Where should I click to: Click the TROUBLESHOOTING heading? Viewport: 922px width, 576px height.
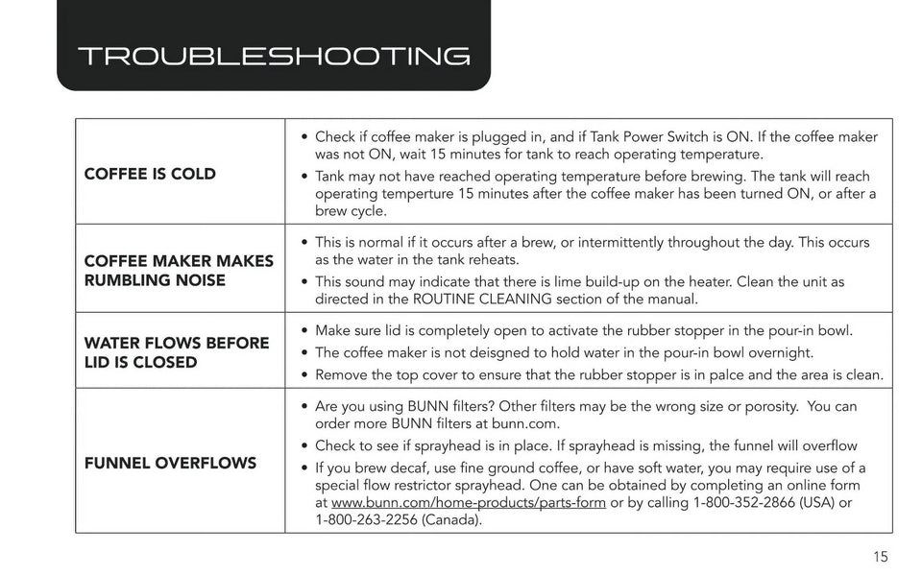pyautogui.click(x=273, y=56)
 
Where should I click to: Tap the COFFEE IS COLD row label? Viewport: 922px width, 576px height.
pyautogui.click(x=150, y=174)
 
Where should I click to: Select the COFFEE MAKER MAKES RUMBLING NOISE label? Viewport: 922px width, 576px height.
pyautogui.click(x=179, y=271)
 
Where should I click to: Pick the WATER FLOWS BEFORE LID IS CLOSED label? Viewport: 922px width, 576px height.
pyautogui.click(x=177, y=352)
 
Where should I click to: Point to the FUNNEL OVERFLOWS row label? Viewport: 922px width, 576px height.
pyautogui.click(x=170, y=463)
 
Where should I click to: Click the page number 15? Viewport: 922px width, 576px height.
pyautogui.click(x=881, y=556)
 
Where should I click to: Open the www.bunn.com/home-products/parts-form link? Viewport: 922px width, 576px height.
pyautogui.click(x=468, y=503)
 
